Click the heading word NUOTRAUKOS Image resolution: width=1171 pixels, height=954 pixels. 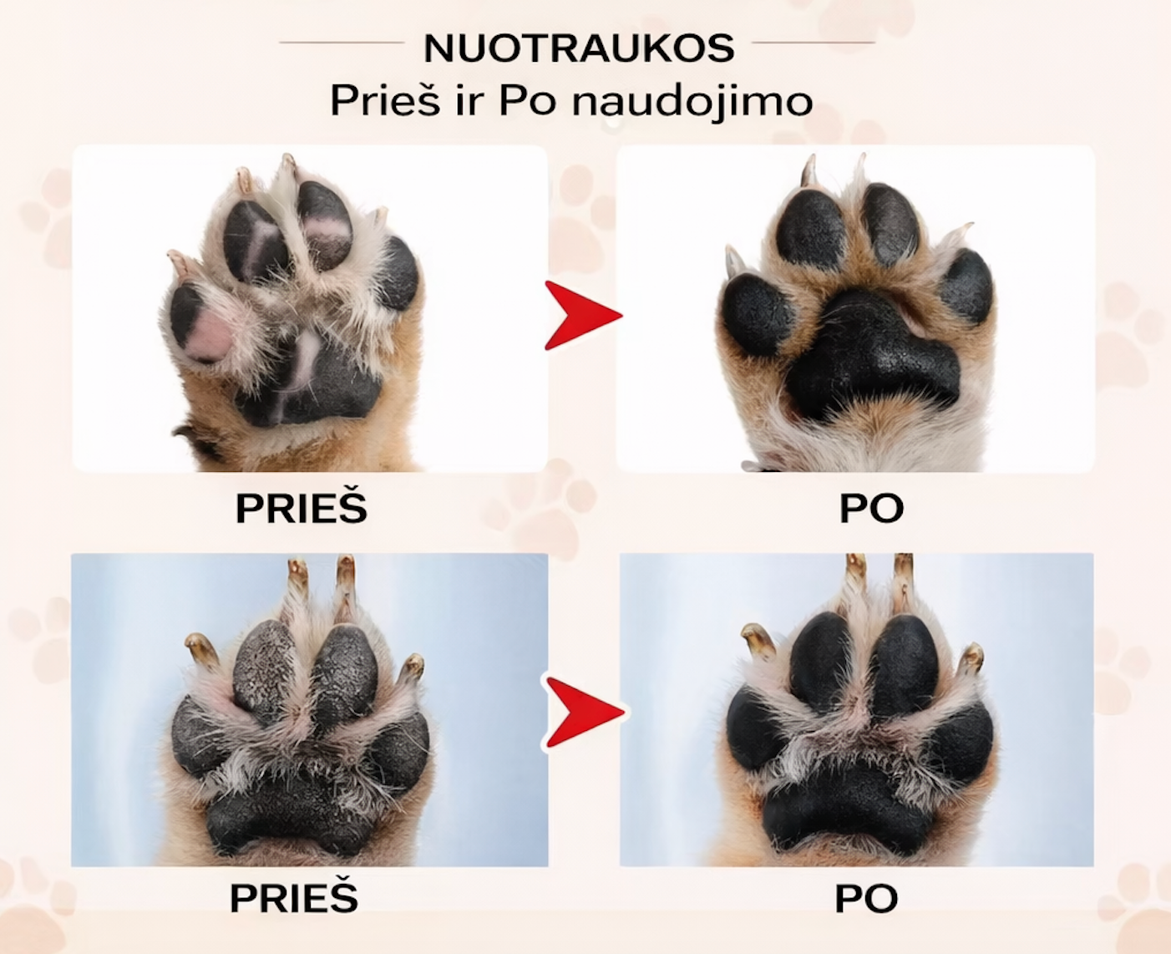coord(579,48)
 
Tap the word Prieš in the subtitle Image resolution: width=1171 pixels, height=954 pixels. coord(385,100)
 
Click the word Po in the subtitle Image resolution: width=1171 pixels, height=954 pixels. coord(527,101)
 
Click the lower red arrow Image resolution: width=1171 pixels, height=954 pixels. coord(585,712)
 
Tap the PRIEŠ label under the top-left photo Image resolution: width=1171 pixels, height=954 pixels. coord(302,507)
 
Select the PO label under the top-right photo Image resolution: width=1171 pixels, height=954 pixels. coord(871,509)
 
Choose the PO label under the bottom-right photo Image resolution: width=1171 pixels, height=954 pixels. coord(866,899)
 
